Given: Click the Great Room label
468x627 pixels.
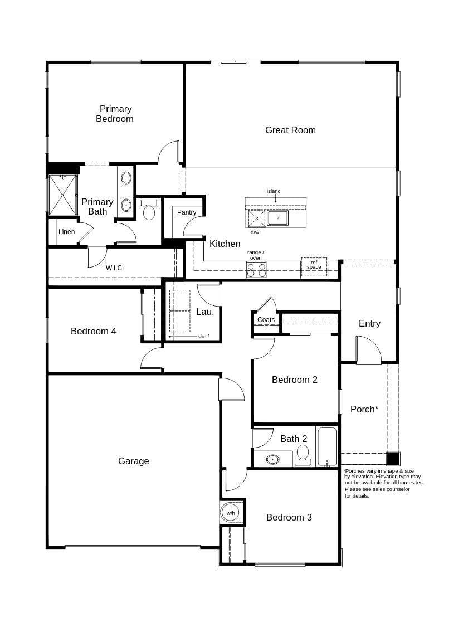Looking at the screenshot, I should click(290, 130).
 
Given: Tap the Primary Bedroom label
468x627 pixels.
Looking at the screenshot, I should click(115, 114).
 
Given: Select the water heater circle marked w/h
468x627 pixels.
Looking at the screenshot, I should click(231, 512).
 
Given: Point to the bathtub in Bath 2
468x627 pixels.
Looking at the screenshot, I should click(327, 446).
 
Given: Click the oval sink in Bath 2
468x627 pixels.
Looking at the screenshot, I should click(272, 460).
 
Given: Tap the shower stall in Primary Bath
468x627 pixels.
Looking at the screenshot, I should click(62, 195).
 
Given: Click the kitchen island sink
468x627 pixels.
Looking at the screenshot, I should click(277, 218).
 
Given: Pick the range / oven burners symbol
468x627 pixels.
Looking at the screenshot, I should click(256, 270).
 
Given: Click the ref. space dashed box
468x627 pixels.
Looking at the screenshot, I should click(314, 267).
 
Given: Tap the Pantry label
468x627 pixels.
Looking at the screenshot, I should click(187, 212).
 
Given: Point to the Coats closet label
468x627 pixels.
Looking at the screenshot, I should click(266, 320).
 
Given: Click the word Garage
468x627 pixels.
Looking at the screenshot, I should click(134, 461).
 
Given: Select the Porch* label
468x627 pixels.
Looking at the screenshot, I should click(364, 409).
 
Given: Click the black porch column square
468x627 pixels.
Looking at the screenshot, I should click(393, 459).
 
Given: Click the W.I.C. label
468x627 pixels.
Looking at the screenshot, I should click(115, 268).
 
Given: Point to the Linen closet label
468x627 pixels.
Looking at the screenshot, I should click(66, 232).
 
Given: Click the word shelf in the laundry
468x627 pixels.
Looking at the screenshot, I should click(203, 337).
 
